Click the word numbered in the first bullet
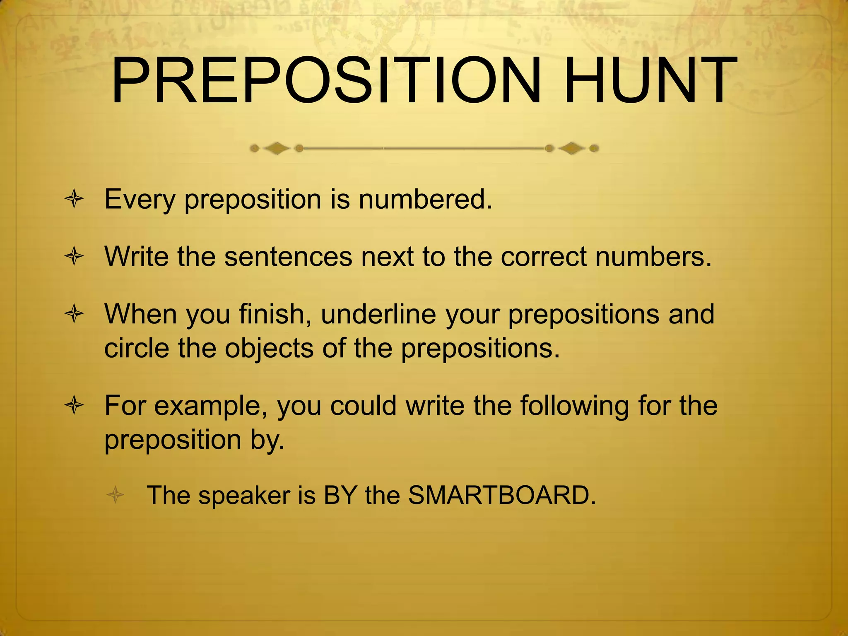click(x=425, y=199)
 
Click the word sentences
click(x=288, y=257)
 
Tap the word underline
click(x=378, y=314)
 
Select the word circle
click(x=137, y=348)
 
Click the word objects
click(x=269, y=348)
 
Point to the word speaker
click(x=244, y=496)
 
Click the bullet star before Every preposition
click(x=75, y=200)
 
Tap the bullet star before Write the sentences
click(x=75, y=257)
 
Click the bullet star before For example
click(x=75, y=406)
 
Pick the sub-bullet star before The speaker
click(x=116, y=495)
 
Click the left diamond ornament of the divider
click(x=277, y=148)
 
